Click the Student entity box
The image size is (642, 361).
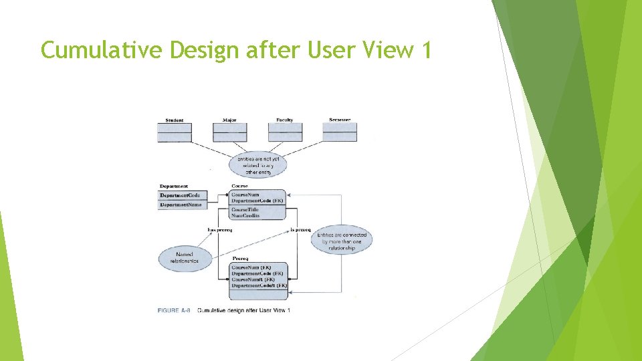coord(175,132)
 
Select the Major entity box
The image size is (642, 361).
coord(229,132)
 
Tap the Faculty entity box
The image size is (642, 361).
coord(284,132)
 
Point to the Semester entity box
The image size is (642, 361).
coord(340,132)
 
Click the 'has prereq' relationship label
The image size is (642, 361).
coord(220,229)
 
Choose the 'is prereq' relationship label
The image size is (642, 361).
coord(300,229)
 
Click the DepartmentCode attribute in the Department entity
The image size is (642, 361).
coord(180,195)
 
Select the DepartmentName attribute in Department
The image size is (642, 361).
coord(180,205)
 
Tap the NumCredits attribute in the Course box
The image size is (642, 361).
coord(245,215)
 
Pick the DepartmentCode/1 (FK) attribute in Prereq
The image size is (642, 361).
coord(259,285)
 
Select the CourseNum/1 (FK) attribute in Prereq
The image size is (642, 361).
coord(253,279)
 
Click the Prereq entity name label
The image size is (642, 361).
coord(241,258)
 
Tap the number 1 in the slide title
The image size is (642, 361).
coord(426,50)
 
